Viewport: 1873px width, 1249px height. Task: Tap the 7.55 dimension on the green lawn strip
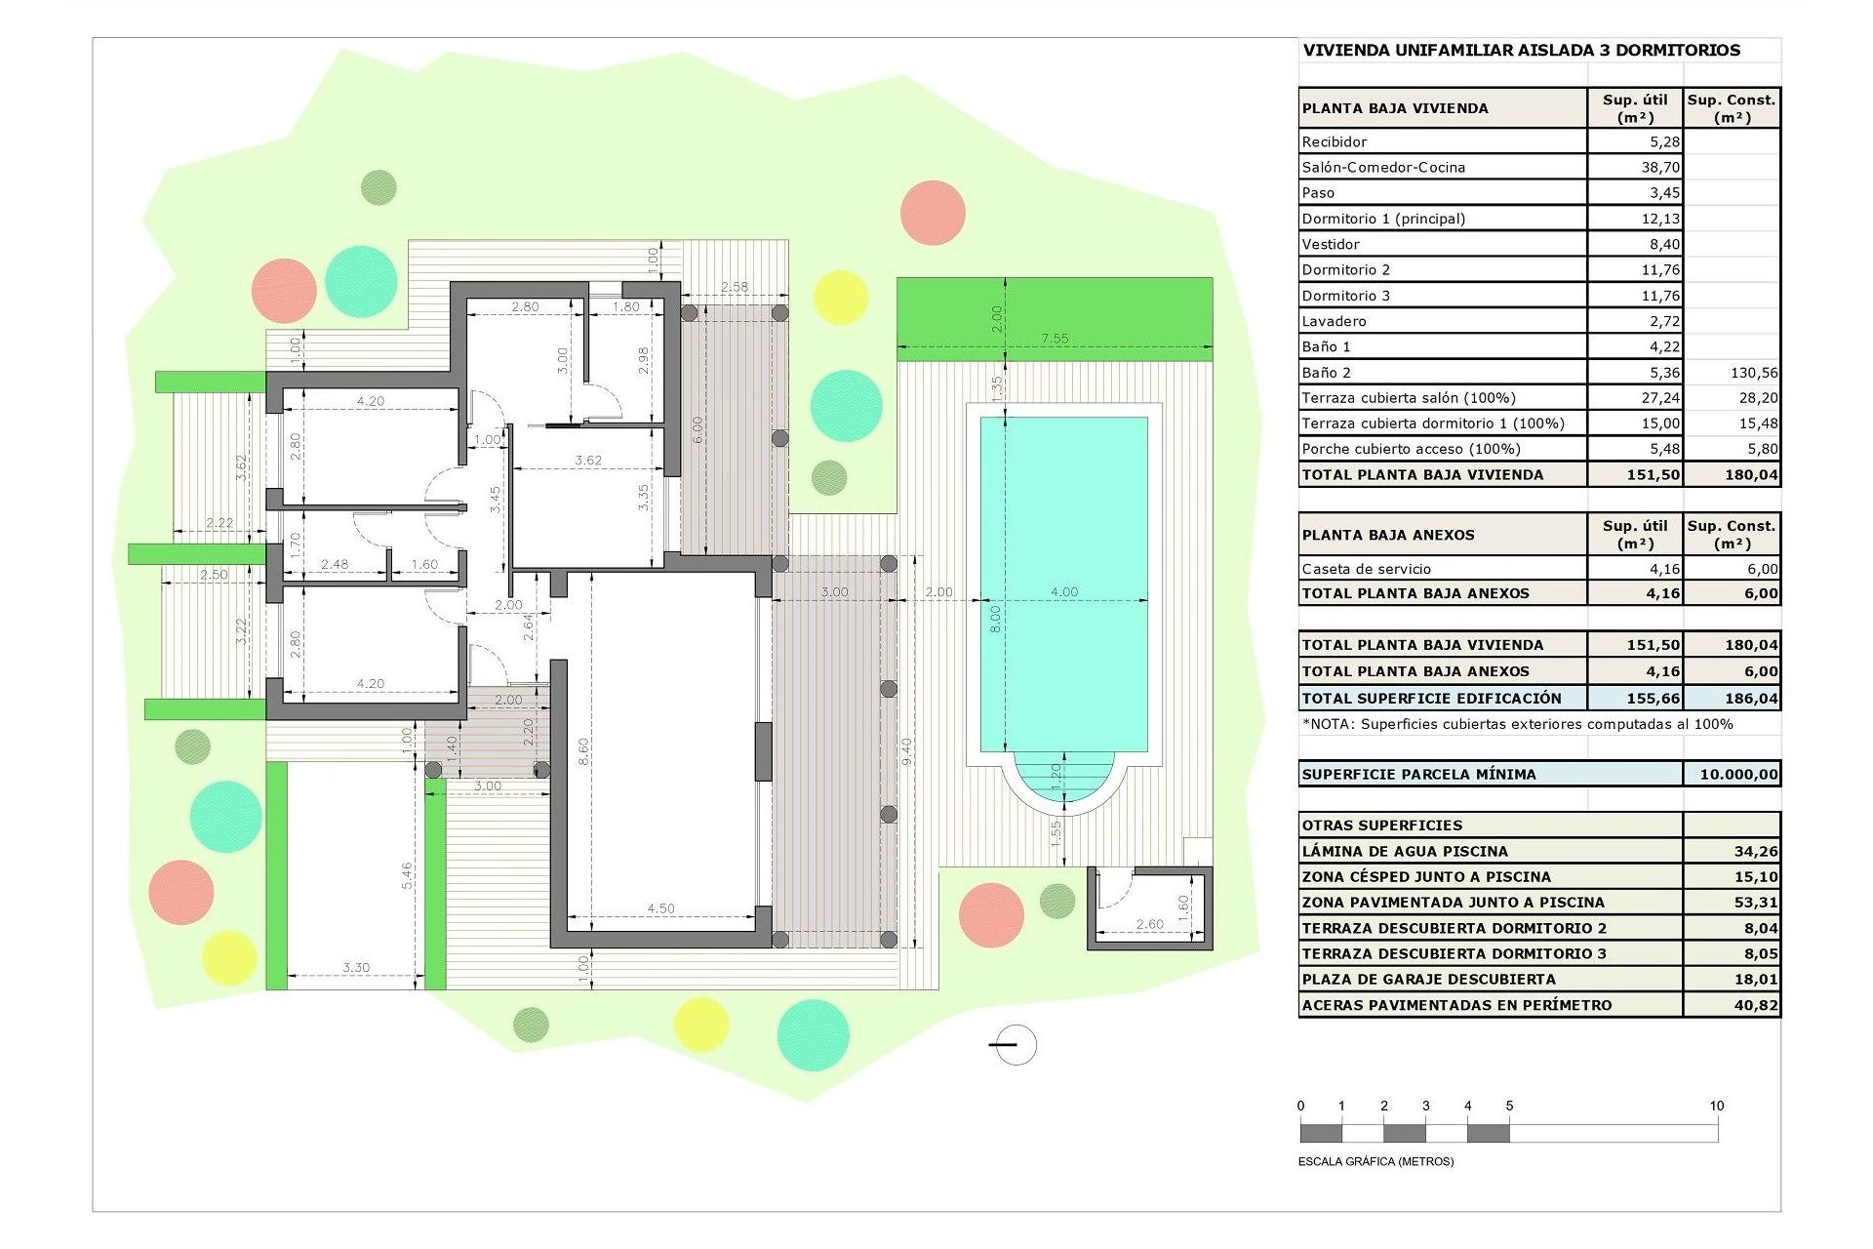tap(1055, 339)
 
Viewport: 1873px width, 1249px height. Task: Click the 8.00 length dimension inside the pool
tap(995, 618)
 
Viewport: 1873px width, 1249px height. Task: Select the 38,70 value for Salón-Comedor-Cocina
tap(1659, 167)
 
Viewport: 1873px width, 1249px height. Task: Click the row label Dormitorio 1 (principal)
tap(1383, 219)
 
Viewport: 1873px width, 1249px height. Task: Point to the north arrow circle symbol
tap(1016, 1045)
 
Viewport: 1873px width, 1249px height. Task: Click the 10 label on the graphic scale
tap(1716, 1106)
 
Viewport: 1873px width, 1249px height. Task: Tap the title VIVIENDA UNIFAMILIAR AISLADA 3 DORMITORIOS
tap(1521, 51)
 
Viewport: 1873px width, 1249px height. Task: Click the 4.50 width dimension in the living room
tap(660, 908)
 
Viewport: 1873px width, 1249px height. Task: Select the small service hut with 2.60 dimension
tap(1150, 907)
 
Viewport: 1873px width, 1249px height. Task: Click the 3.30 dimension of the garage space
tap(356, 968)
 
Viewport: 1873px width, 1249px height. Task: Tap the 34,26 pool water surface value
tap(1756, 851)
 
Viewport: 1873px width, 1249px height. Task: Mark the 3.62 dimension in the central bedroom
tap(588, 460)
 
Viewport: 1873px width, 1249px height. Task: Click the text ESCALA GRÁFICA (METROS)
tap(1375, 1161)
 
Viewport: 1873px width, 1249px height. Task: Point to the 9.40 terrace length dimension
tap(906, 751)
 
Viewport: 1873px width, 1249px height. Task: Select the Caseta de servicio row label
tap(1366, 569)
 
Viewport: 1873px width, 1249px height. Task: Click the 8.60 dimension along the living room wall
tap(583, 751)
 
